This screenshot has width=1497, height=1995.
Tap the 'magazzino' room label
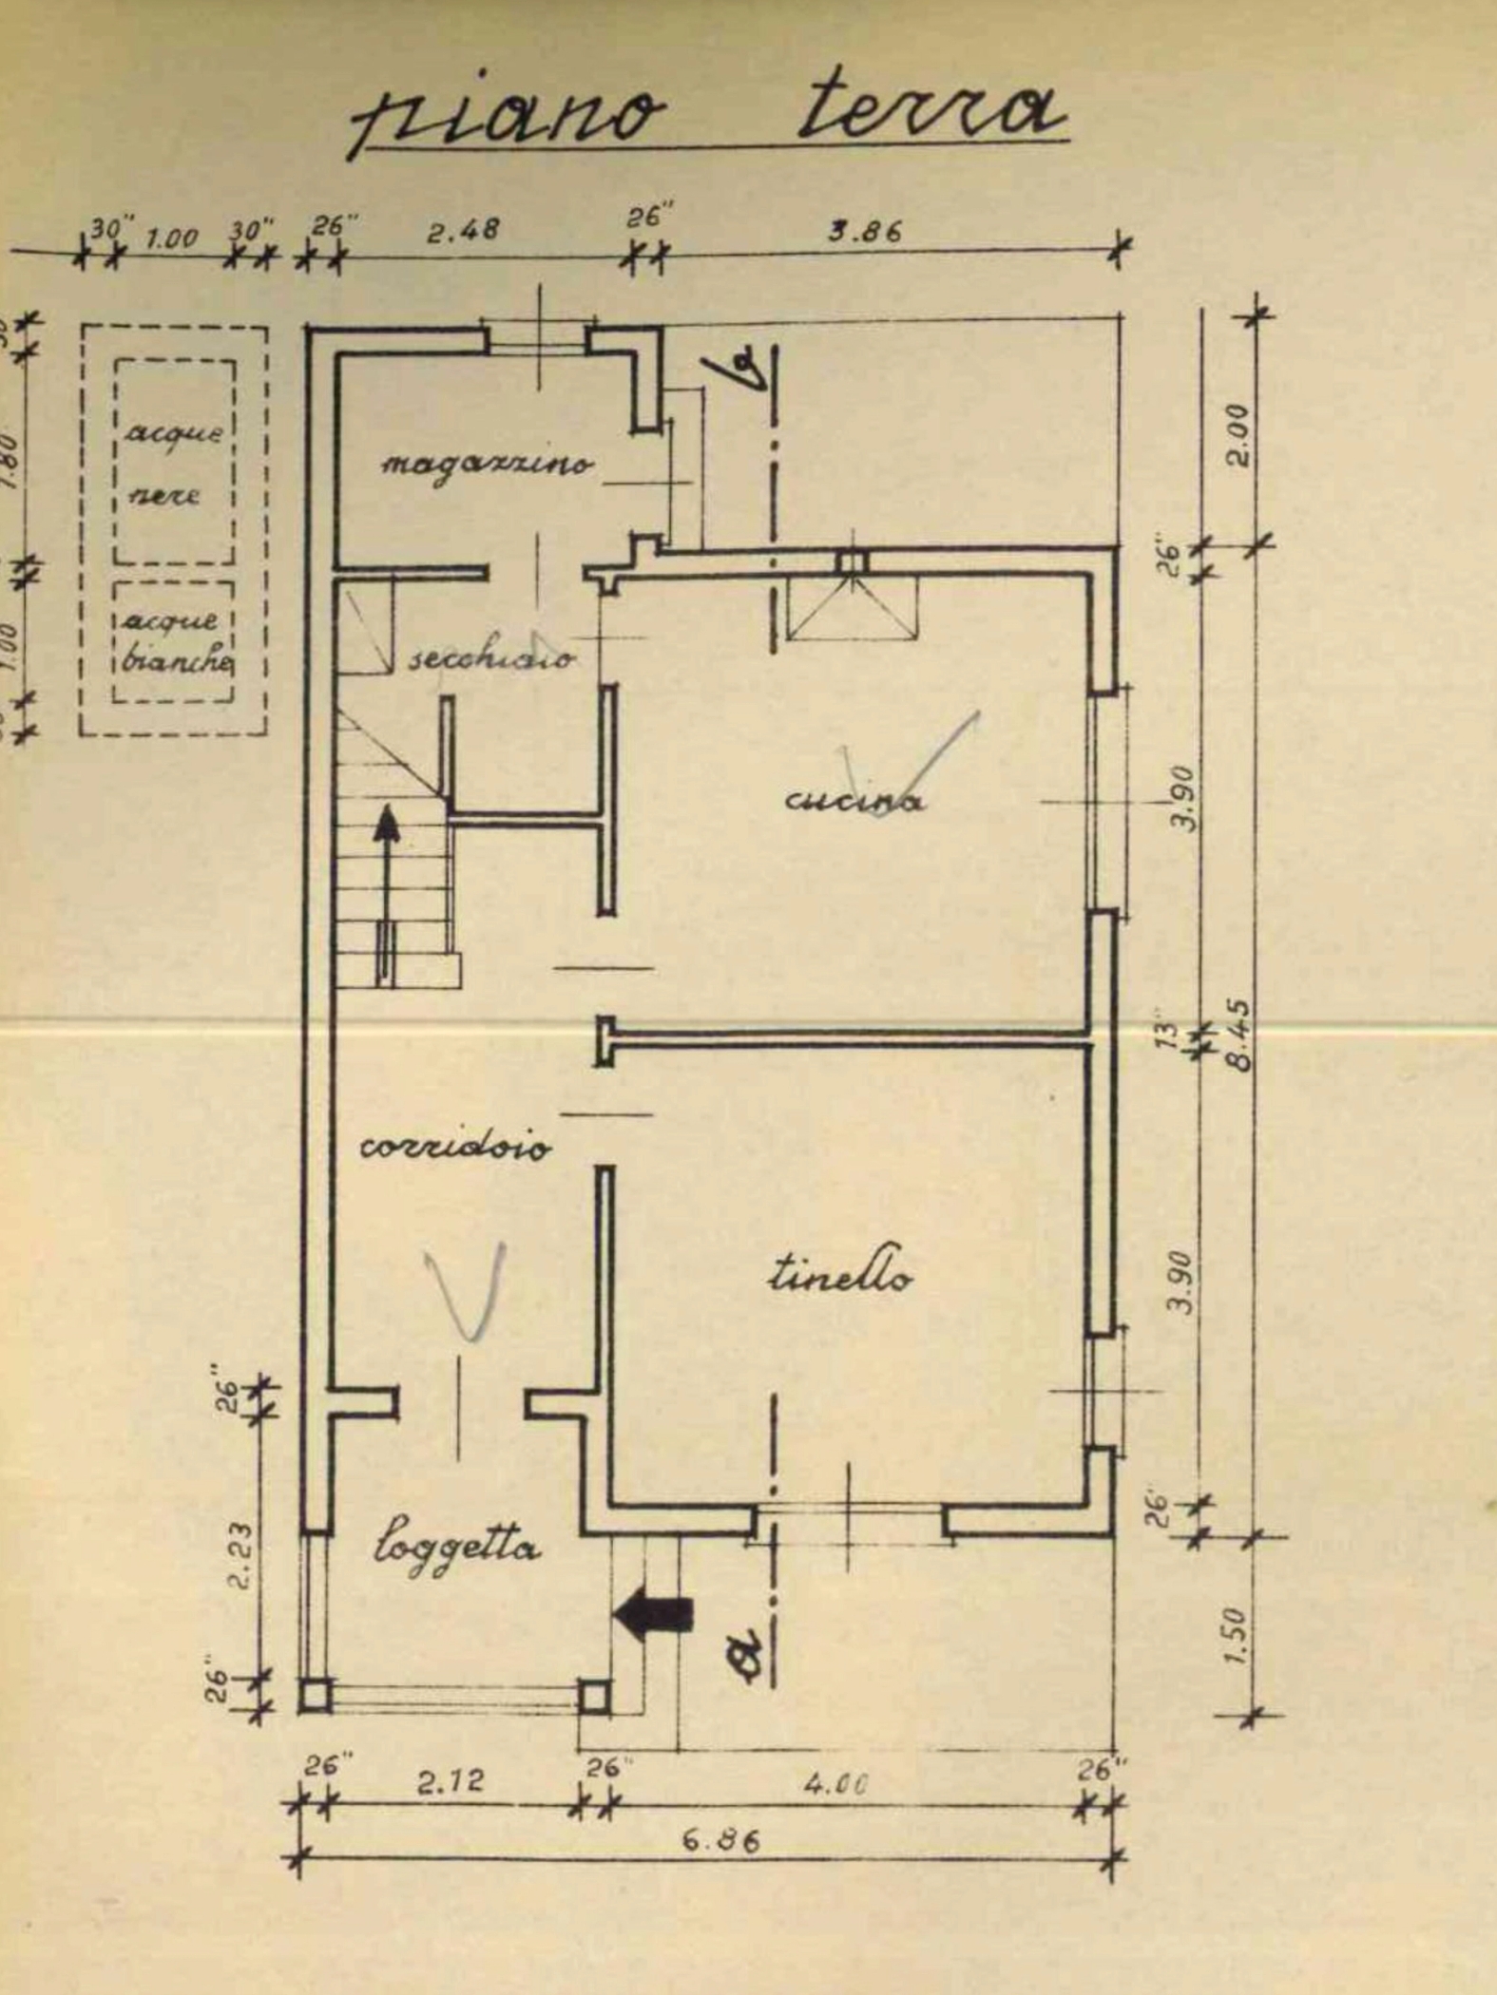pyautogui.click(x=488, y=465)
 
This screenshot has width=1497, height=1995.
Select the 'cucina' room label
pyautogui.click(x=853, y=801)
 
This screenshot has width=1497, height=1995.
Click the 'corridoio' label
pyautogui.click(x=455, y=1147)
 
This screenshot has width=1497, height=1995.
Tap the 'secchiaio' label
pyautogui.click(x=491, y=656)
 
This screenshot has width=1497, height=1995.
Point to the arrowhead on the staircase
pyautogui.click(x=386, y=823)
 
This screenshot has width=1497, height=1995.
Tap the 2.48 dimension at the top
pyautogui.click(x=462, y=232)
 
